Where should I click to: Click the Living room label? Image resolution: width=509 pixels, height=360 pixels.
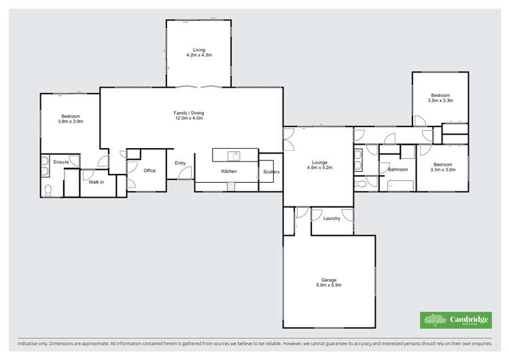pos(198,50)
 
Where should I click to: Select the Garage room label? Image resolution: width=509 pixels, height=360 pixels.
pos(329,279)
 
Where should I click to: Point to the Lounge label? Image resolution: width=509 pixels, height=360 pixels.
pos(319,162)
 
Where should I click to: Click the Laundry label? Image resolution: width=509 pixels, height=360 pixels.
pos(332,218)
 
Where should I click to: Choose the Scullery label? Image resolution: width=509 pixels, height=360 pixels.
pos(271,172)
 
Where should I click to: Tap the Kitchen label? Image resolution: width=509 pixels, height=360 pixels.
pos(228,172)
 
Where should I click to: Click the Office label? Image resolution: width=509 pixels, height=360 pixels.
pos(150,170)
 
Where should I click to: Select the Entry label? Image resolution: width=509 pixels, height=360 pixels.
pos(180,163)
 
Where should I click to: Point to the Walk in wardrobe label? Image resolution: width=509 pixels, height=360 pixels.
pos(94,181)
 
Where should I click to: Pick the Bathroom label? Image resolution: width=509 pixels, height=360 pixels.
pos(398,169)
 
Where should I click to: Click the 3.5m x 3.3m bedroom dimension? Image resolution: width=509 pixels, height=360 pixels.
pos(440,101)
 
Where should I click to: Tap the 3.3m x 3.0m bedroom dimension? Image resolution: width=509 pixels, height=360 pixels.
pos(442,170)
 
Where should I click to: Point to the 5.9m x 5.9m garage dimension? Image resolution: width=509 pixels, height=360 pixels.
pos(329,285)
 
